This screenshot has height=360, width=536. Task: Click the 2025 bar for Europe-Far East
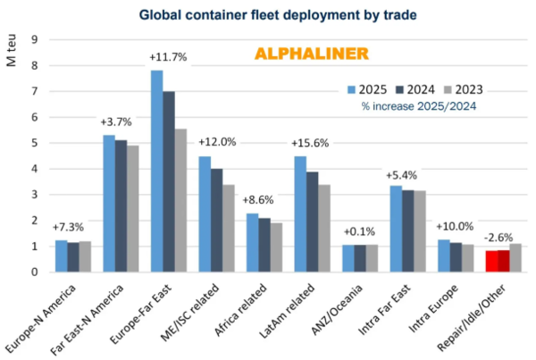pos(156,171)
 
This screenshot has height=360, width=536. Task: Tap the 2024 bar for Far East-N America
pos(121,205)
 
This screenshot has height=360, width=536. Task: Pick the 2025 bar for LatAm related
pos(300,213)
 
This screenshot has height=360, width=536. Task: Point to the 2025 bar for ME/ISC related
pos(205,213)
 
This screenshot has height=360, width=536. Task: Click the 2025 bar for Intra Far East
pos(396,229)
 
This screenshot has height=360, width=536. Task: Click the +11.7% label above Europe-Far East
pos(167,58)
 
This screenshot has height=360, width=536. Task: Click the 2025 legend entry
pos(367,88)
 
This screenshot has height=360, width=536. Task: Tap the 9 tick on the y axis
pos(34,39)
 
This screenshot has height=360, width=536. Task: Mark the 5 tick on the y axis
pos(34,143)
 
